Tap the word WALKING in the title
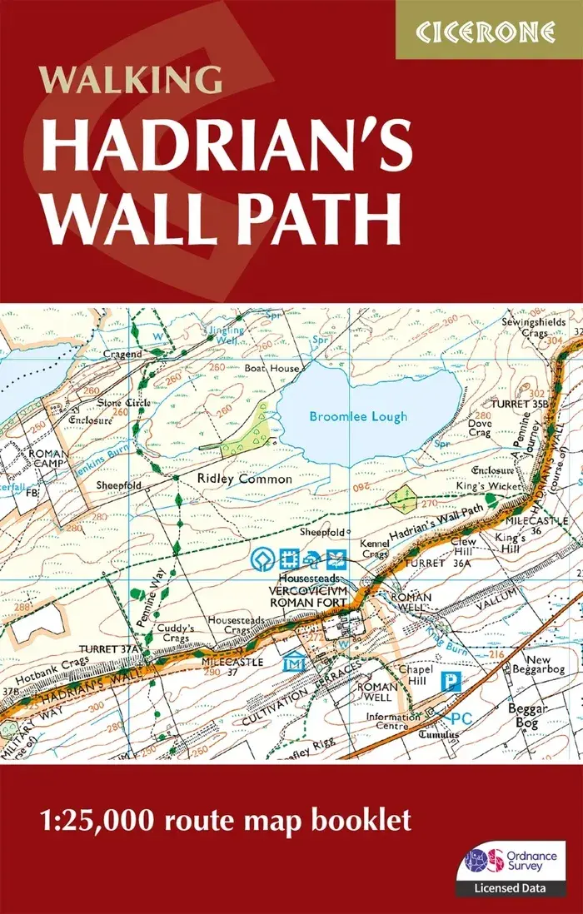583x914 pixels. (x=130, y=82)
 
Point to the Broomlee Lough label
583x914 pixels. (x=358, y=416)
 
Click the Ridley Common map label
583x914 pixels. (x=245, y=479)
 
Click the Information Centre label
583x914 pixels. (x=393, y=722)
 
